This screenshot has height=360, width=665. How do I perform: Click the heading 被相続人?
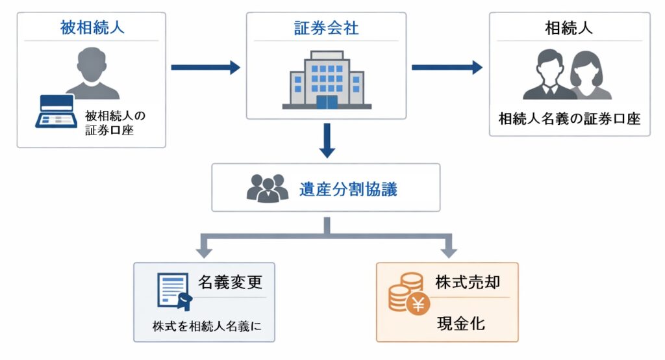pos(91,29)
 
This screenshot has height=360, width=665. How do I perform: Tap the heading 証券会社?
pos(326,29)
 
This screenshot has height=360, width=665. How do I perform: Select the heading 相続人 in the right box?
pos(569,29)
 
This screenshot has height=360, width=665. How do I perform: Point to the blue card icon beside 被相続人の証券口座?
pos(56,112)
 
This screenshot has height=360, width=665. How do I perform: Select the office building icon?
pos(327,80)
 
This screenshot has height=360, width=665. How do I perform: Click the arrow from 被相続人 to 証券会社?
pos(205,67)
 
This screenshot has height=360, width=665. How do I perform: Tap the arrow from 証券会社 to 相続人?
pos(447,67)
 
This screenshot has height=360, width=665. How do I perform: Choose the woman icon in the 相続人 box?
pos(590,77)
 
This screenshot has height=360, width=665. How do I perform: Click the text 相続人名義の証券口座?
pos(569,119)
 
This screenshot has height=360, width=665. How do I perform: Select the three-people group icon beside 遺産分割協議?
pos(267,188)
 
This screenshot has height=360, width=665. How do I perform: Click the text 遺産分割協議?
pos(348,189)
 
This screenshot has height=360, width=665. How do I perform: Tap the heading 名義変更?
pos(230,283)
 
